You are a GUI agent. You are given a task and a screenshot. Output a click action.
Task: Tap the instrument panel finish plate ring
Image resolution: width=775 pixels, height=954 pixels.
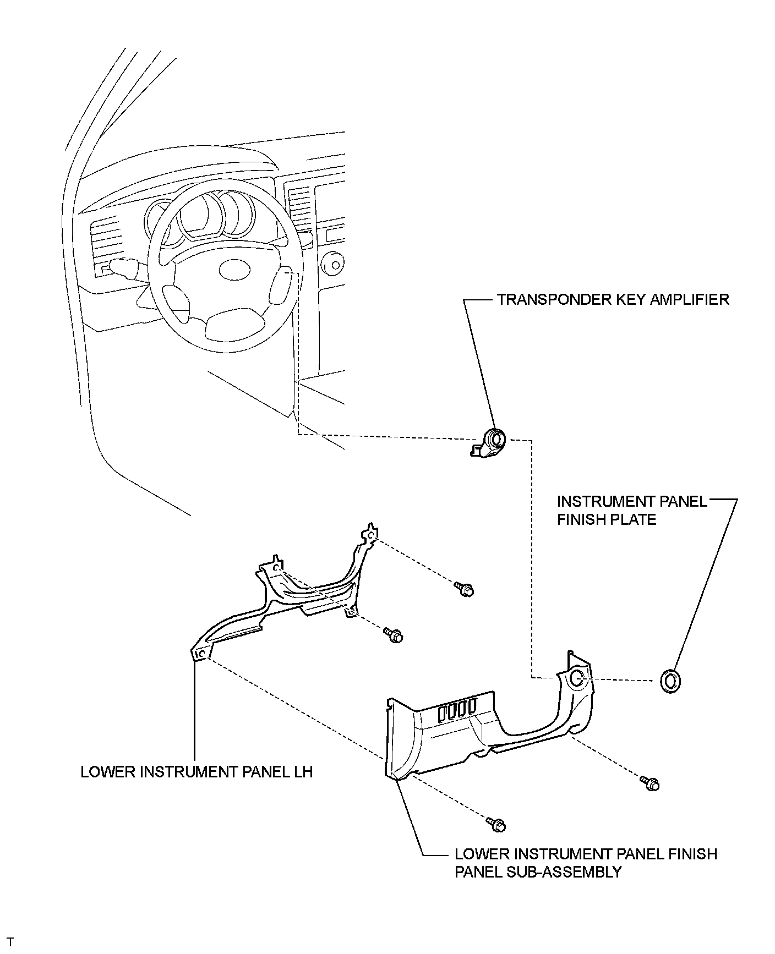pos(668,681)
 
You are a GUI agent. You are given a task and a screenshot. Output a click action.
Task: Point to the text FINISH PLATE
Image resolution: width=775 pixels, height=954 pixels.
pos(607,519)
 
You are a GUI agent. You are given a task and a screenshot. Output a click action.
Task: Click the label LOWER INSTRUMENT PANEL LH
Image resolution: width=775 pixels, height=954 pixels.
pos(197,771)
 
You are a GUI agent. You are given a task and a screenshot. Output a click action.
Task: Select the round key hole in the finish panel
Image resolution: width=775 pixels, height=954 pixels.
pos(576,678)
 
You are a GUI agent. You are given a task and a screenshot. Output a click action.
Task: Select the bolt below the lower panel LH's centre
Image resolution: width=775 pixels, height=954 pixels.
pos(395,635)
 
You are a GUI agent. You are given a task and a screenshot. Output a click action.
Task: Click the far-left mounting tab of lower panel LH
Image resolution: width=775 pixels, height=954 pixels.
pos(200,653)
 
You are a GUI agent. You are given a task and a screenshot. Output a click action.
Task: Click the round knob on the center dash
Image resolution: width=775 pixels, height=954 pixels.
pos(331,266)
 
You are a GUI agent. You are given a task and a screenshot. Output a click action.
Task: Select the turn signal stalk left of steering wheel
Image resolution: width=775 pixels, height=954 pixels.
pos(128,268)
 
